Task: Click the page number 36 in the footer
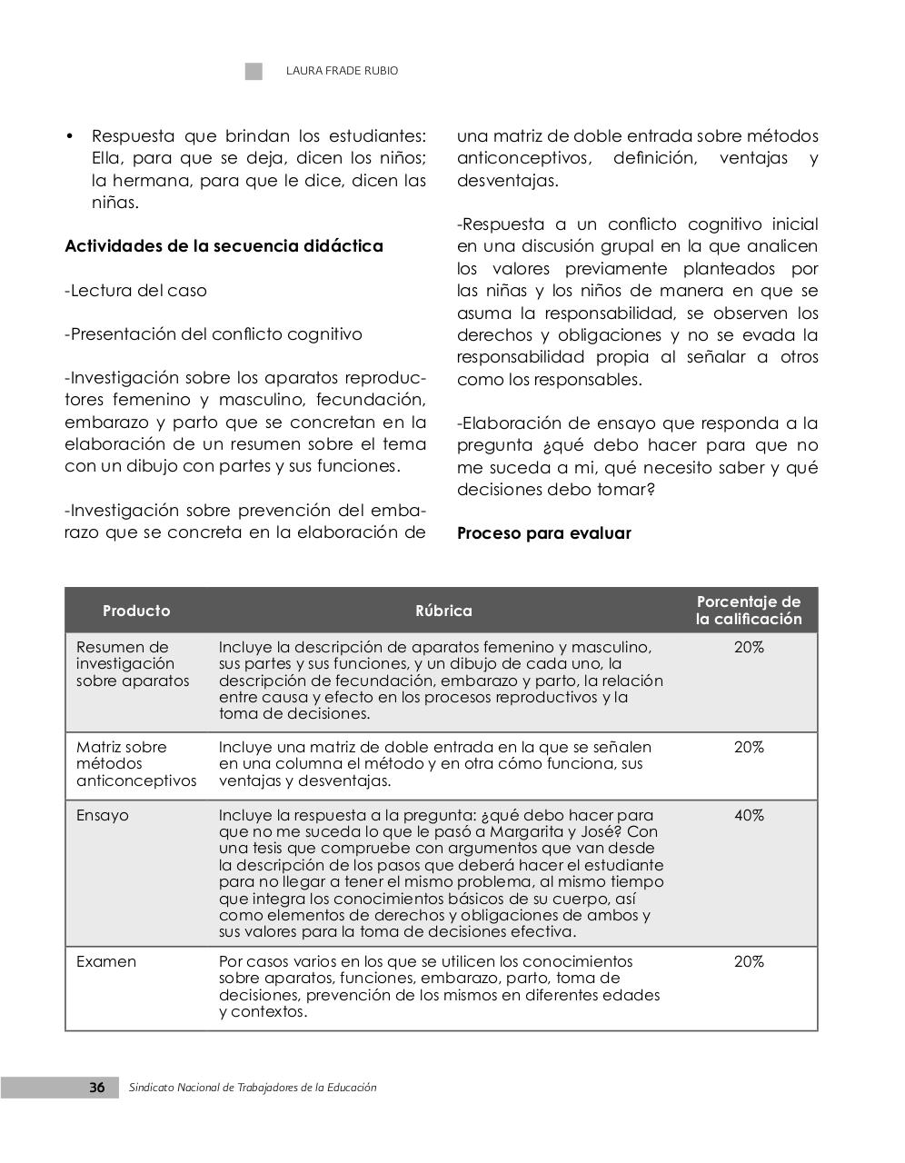coord(96,1088)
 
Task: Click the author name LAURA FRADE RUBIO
coord(342,71)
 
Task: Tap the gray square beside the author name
coord(254,72)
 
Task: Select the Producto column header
coord(136,611)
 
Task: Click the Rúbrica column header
coord(443,611)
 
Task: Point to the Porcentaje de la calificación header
coord(749,611)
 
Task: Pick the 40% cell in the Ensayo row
coord(749,816)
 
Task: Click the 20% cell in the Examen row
coord(749,961)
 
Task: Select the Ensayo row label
coord(103,816)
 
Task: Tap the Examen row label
coord(106,961)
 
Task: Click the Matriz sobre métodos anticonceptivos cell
coord(135,764)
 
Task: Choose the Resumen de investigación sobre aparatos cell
coord(133,664)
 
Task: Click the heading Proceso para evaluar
coord(543,533)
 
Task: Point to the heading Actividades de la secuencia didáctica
coord(224,246)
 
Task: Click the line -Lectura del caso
coord(136,291)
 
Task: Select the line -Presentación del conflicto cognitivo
coord(214,334)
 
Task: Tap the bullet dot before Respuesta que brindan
coord(69,137)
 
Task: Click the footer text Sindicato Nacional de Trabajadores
coord(253,1088)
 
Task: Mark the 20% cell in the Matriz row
coord(749,748)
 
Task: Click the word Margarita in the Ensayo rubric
coord(526,832)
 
